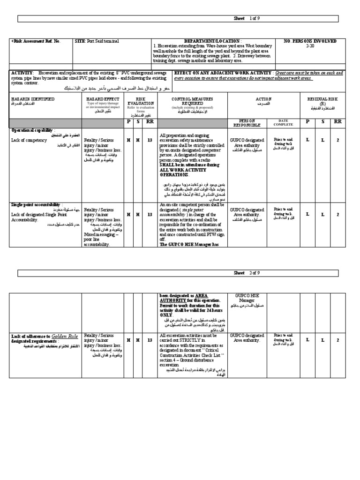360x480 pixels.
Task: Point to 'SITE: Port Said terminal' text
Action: coord(97,41)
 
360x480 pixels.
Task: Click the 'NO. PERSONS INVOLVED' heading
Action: coord(310,41)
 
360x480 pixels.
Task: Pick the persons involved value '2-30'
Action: coord(310,46)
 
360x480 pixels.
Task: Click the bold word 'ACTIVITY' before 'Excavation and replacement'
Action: coord(22,73)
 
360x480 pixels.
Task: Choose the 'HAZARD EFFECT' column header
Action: coord(103,99)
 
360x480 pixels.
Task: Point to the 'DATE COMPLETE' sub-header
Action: coord(284,123)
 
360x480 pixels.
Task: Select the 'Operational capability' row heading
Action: coord(33,130)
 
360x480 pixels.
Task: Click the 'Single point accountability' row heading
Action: coord(36,205)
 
